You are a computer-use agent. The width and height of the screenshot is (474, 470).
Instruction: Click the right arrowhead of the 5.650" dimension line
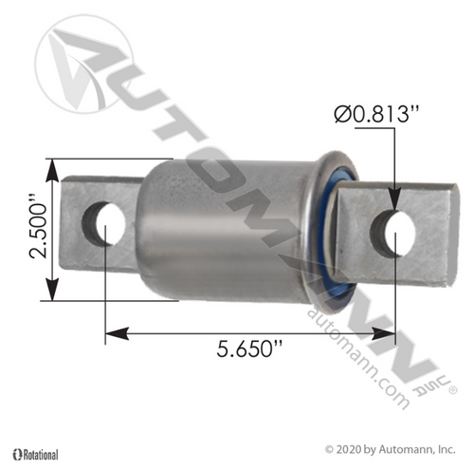[388, 332]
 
